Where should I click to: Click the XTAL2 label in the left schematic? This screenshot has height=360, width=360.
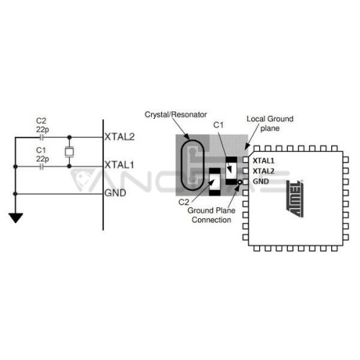pos(120,137)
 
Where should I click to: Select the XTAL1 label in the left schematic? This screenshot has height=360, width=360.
pos(120,165)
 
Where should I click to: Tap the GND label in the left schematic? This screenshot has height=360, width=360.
pos(115,193)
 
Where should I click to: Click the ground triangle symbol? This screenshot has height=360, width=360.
pos(16,217)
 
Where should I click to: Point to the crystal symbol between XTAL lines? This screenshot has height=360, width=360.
pos(69,152)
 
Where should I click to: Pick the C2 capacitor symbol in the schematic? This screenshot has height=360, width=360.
pos(42,138)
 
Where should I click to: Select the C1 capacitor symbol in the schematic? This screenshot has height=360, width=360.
pos(42,166)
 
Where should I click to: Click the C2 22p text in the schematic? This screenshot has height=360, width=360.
pos(42,125)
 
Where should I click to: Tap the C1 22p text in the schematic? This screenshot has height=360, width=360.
pos(42,154)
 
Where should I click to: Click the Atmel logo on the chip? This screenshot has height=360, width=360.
pos(295,199)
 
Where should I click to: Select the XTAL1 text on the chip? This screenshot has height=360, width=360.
pos(264,161)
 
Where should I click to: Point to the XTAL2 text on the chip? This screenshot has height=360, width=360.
pos(264,171)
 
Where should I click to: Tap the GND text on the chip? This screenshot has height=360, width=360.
pos(261,181)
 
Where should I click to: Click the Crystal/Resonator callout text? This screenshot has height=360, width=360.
pos(176,114)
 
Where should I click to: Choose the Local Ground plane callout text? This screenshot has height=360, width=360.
pos(270,123)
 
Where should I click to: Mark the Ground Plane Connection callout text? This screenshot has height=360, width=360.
pos(212,215)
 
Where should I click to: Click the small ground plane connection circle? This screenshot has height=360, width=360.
pos(240,182)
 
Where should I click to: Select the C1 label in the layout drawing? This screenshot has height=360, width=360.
pos(218,125)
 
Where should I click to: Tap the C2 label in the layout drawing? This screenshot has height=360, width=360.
pos(184,202)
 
